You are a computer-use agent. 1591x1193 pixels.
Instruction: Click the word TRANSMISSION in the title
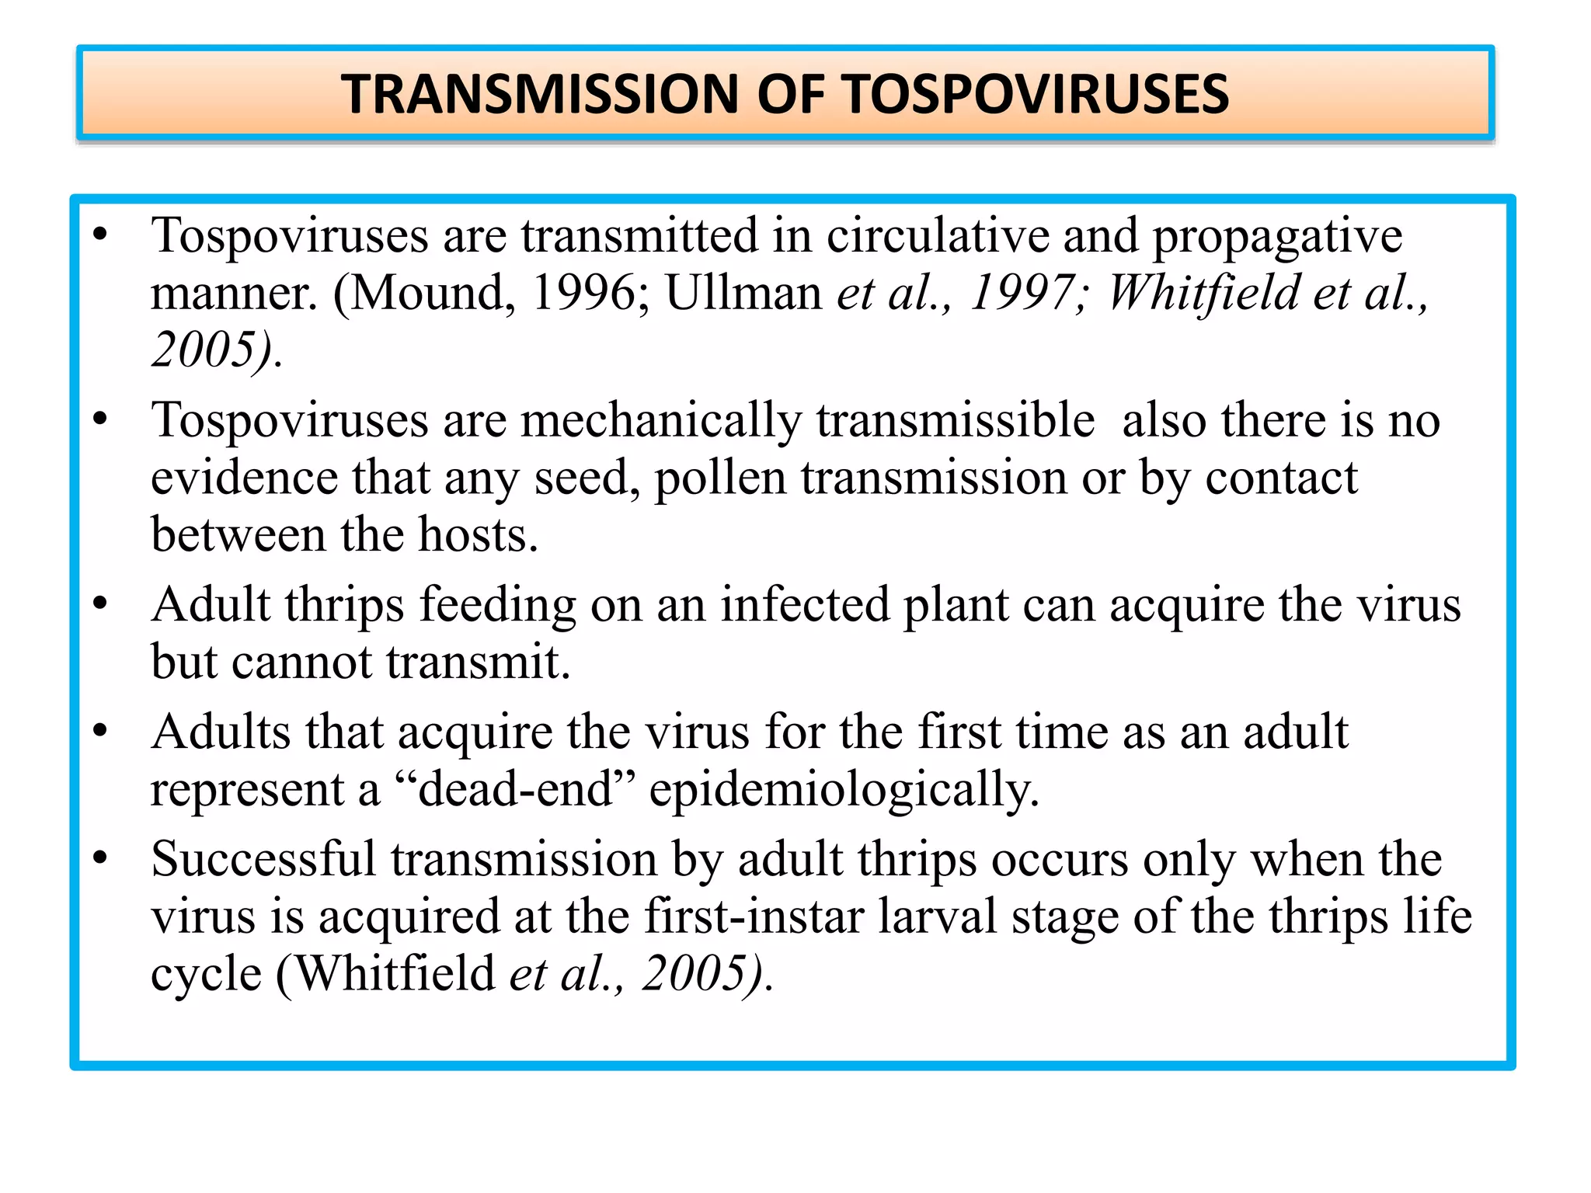(x=541, y=94)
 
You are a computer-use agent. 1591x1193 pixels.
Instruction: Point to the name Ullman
(x=743, y=293)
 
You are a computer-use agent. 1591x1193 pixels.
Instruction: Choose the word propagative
(x=1277, y=237)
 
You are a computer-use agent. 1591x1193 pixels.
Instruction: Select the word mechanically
(x=660, y=421)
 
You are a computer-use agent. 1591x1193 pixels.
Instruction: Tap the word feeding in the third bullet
(x=498, y=606)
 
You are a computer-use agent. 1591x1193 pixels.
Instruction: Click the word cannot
(x=301, y=663)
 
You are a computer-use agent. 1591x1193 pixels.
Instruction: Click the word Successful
(x=263, y=859)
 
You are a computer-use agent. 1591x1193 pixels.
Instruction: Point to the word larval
(x=938, y=916)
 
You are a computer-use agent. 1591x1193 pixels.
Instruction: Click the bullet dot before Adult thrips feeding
(x=99, y=603)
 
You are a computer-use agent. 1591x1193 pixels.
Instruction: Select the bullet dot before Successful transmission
(x=99, y=858)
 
